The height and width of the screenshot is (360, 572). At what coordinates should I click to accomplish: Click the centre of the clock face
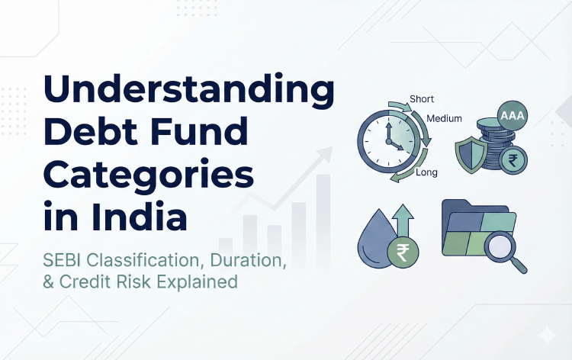click(x=388, y=141)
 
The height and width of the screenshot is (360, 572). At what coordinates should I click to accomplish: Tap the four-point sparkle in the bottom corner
click(x=546, y=336)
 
